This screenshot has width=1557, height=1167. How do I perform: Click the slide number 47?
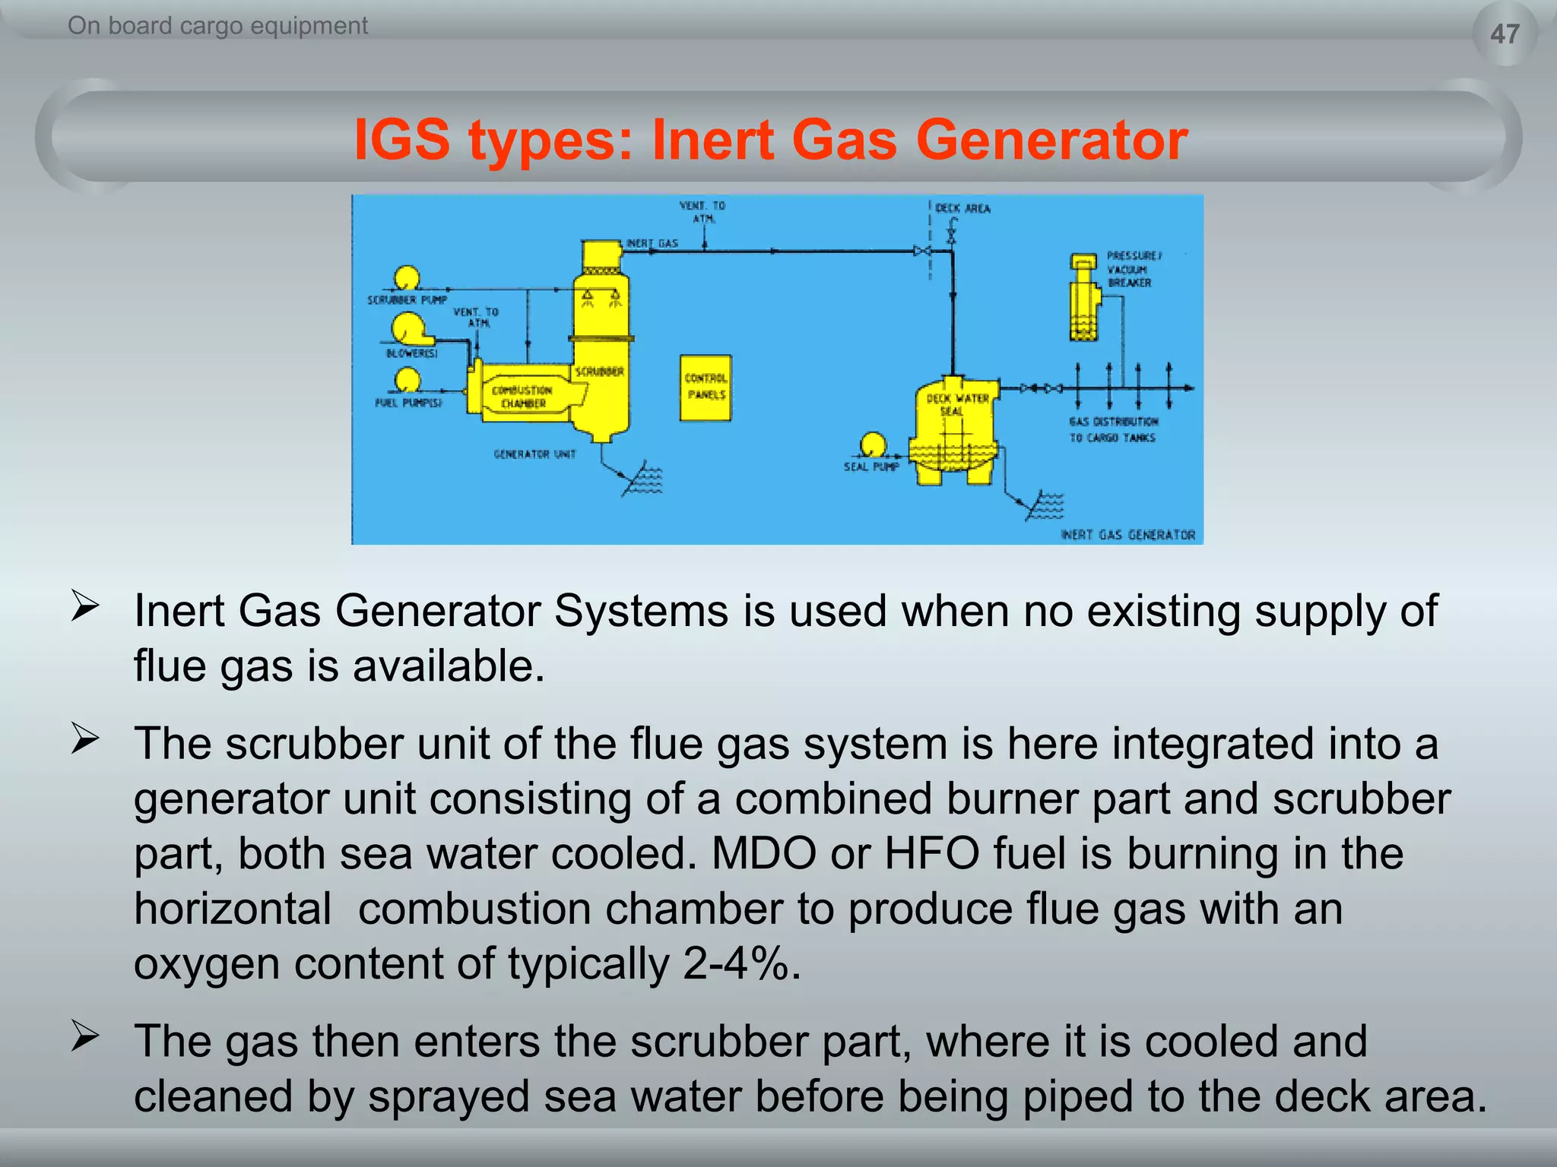[x=1505, y=34]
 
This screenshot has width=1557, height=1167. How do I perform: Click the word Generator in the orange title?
[x=1051, y=140]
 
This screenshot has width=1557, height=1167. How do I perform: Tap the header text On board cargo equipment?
[x=217, y=26]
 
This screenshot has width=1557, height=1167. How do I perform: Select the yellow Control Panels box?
[x=706, y=387]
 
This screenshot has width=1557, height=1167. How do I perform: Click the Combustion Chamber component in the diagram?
[x=523, y=395]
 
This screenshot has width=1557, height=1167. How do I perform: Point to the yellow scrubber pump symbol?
[x=407, y=279]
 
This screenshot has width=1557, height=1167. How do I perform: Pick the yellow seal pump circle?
[x=872, y=444]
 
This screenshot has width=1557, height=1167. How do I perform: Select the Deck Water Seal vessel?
[x=955, y=429]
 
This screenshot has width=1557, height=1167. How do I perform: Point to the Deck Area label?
[x=962, y=208]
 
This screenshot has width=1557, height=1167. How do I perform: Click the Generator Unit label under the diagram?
[x=534, y=454]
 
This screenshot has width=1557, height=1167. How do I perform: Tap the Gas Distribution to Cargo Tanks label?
[x=1113, y=429]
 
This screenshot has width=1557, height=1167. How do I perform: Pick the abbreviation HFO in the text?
[x=931, y=854]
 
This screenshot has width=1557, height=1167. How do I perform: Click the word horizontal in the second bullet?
[x=233, y=909]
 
